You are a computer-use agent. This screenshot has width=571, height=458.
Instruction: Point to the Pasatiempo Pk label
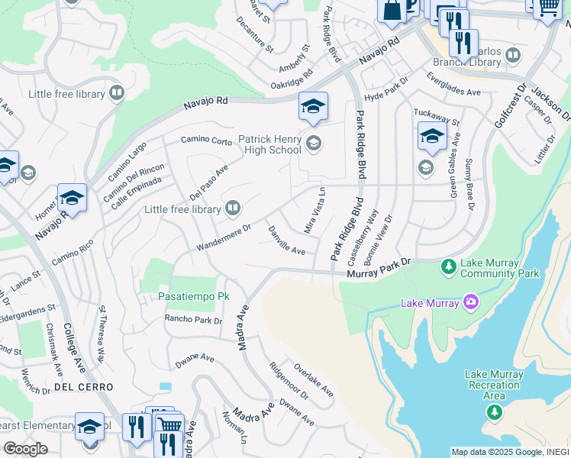pyautogui.click(x=194, y=295)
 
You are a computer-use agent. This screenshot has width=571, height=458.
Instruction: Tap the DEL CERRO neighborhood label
pyautogui.click(x=84, y=388)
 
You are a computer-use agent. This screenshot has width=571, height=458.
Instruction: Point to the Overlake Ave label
pyautogui.click(x=313, y=379)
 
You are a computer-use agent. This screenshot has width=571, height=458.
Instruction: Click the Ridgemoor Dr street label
pyautogui.click(x=289, y=381)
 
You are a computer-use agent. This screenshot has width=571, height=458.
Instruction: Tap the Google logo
pyautogui.click(x=25, y=449)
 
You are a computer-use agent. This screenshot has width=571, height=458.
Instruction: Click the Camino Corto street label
pyautogui.click(x=206, y=140)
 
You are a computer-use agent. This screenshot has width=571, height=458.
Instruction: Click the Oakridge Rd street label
pyautogui.click(x=292, y=79)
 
